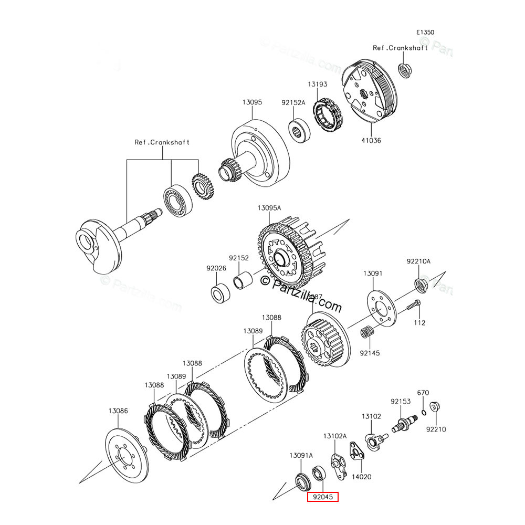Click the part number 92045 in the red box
(x=322, y=496)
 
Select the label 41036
(x=371, y=141)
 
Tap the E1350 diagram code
(x=425, y=33)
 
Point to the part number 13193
(x=317, y=84)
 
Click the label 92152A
(x=293, y=103)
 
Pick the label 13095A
(x=269, y=208)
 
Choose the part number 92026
(x=216, y=268)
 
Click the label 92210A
(x=418, y=261)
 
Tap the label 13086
(x=118, y=411)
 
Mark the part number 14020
(x=361, y=477)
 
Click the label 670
(x=423, y=393)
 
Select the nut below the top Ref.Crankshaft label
(x=405, y=70)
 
